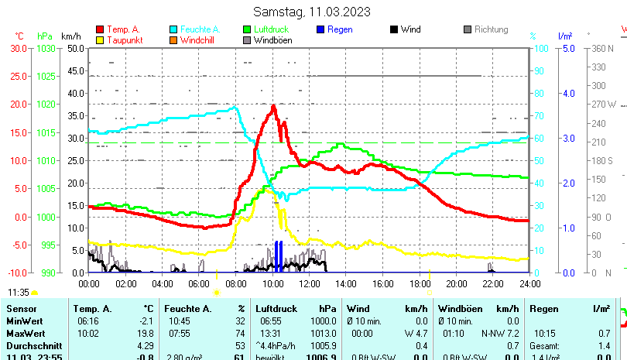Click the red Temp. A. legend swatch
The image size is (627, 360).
101,29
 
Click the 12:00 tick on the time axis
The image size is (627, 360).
309,283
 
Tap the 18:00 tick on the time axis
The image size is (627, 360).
419,283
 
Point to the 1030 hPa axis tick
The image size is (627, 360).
46,48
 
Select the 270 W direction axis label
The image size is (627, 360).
604,104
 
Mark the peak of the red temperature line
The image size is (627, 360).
273,107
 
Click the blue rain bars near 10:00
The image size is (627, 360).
279,256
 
